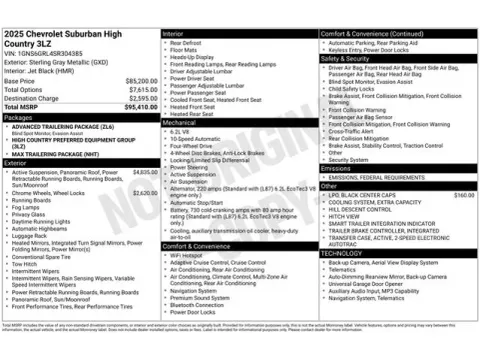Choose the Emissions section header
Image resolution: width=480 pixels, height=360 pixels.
(337, 167)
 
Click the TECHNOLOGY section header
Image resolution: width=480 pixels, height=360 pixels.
(341, 253)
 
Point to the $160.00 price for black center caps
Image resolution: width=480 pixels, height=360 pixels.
(463, 195)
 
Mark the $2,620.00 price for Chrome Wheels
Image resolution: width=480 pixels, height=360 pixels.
(145, 192)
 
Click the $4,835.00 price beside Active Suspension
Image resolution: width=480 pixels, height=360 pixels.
(145, 172)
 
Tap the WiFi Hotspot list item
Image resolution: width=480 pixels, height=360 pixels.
(191, 254)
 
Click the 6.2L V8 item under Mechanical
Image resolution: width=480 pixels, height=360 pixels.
(181, 131)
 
